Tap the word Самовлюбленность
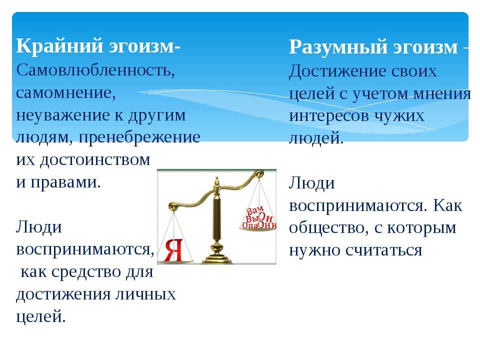[95, 70]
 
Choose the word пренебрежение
[139, 138]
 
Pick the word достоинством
[95, 160]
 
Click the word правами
[65, 183]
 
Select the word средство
[86, 272]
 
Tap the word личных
[145, 294]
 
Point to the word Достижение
[334, 72]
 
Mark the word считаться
[384, 250]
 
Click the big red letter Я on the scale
[173, 250]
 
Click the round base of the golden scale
[216, 259]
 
